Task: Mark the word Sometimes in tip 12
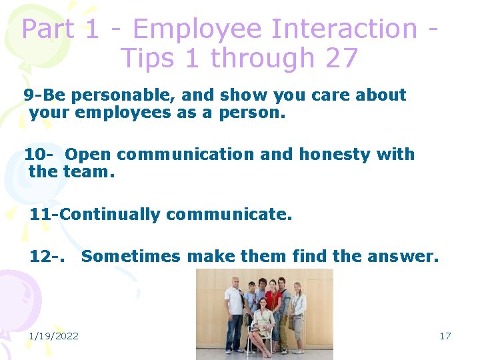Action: point(131,256)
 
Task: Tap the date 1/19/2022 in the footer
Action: point(53,335)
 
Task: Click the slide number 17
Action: point(445,335)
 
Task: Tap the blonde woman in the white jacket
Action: point(298,310)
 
